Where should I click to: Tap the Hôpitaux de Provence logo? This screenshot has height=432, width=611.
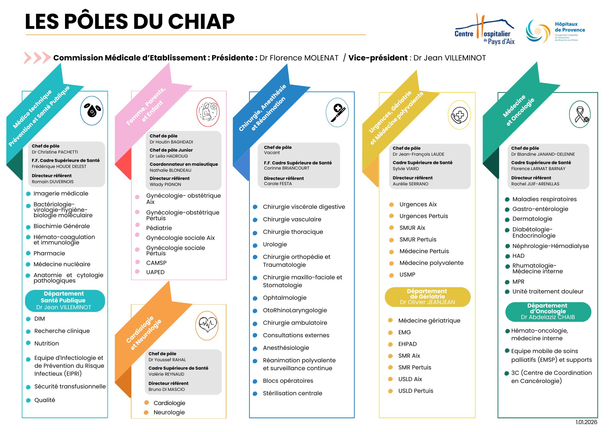555,31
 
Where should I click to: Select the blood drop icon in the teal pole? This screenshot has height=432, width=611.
92,111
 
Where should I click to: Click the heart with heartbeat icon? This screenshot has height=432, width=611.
207,325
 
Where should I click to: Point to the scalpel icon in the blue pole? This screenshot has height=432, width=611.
337,113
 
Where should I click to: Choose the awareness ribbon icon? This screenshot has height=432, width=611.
580,115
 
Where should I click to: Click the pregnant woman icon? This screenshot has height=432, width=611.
208,112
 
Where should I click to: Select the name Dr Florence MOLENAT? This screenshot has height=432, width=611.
299,58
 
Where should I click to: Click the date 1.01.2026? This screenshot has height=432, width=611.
586,422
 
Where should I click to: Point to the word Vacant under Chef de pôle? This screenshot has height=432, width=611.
272,153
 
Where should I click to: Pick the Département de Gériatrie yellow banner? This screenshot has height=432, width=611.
427,297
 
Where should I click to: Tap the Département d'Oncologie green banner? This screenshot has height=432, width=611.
548,312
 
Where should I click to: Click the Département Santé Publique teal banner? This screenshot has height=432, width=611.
65,301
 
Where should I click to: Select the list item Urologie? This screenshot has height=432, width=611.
275,244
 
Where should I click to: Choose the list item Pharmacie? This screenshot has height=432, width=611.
49,253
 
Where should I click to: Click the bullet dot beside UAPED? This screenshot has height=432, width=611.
137,272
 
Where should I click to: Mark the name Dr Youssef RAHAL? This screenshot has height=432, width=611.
167,360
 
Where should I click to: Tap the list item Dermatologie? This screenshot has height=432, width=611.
532,219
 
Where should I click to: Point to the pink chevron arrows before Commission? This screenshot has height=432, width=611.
37,58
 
